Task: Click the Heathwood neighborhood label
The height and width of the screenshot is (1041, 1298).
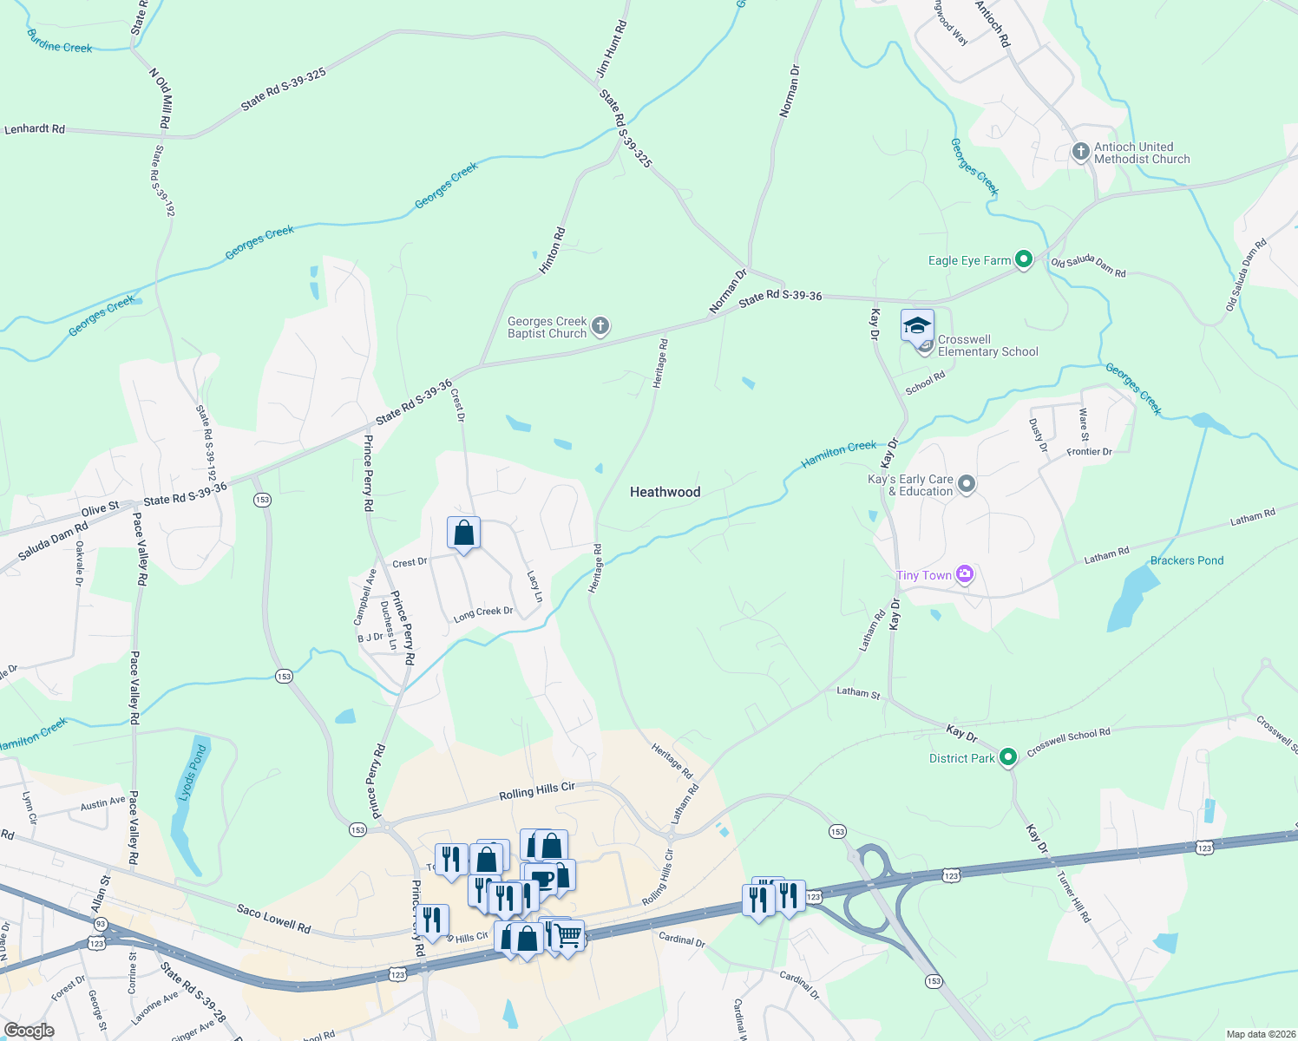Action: pos(665,492)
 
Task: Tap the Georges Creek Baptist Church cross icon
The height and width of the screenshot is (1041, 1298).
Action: pos(600,327)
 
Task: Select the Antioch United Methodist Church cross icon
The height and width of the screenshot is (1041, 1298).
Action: pos(1080,153)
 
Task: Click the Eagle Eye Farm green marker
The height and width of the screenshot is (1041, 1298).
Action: pos(1024,259)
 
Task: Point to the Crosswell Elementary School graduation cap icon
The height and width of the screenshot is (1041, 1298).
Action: pos(917,326)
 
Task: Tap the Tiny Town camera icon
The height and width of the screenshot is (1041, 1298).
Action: pos(964,574)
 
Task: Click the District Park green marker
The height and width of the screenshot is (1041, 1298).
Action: pos(1007,757)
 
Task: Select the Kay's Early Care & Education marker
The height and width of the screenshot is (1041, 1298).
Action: pos(967,484)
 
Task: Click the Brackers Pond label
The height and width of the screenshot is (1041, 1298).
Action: pos(1186,560)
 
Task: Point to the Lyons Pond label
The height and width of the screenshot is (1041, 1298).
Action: pos(193,773)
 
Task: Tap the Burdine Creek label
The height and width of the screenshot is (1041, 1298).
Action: pos(60,42)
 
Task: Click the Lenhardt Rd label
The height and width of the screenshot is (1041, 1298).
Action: pos(35,129)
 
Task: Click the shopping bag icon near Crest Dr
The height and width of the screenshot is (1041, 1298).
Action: pos(463,532)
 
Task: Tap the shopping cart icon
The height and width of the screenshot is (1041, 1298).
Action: pos(568,935)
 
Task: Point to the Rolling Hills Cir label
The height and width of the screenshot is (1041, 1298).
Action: pos(536,791)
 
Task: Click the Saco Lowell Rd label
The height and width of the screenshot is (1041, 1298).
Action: pos(273,918)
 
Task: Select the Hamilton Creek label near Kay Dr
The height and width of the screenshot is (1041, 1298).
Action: pos(838,454)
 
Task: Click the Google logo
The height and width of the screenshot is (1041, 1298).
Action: pos(29,1030)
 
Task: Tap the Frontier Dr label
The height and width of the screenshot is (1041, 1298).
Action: pos(1089,452)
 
